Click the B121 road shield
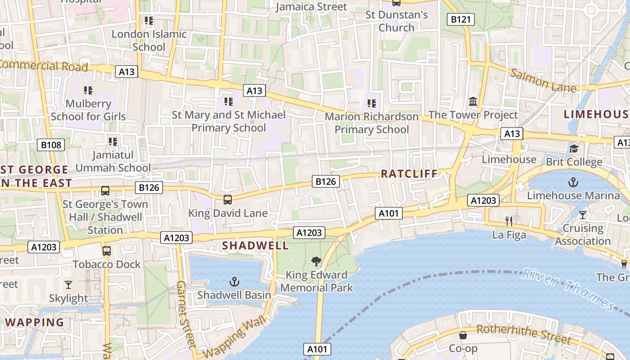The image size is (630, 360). pyautogui.click(x=460, y=19)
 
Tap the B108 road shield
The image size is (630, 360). pyautogui.click(x=50, y=145)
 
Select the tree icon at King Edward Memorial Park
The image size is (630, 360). pyautogui.click(x=316, y=261)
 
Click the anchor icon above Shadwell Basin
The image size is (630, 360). pyautogui.click(x=234, y=282)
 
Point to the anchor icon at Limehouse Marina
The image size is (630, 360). pyautogui.click(x=573, y=182)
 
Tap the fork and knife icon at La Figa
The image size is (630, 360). pyautogui.click(x=509, y=221)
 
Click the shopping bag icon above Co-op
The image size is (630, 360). pyautogui.click(x=463, y=335)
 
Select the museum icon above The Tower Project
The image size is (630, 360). pyautogui.click(x=473, y=102)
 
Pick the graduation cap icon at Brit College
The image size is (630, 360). pyautogui.click(x=574, y=148)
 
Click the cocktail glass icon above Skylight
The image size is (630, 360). pyautogui.click(x=68, y=285)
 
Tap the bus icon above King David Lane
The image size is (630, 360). pyautogui.click(x=228, y=200)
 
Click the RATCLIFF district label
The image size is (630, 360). pyautogui.click(x=409, y=174)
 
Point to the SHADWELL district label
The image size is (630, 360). pyautogui.click(x=256, y=246)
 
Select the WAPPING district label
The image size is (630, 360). pyautogui.click(x=35, y=322)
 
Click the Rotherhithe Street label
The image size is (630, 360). pyautogui.click(x=523, y=334)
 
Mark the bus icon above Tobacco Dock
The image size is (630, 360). pyautogui.click(x=107, y=251)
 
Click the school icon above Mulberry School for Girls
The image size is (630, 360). pyautogui.click(x=88, y=90)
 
